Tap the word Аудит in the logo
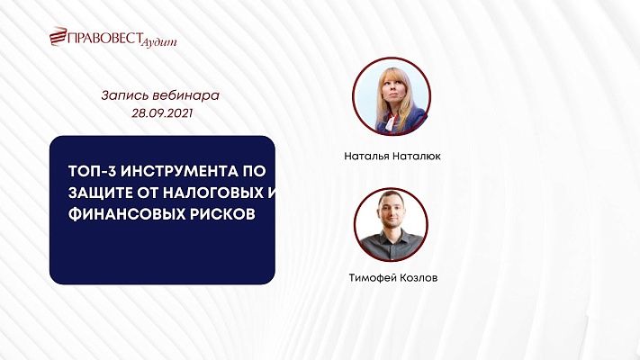[161, 41]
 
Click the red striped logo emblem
[59, 38]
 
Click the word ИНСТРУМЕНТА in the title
[176, 170]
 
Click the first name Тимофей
[373, 278]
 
